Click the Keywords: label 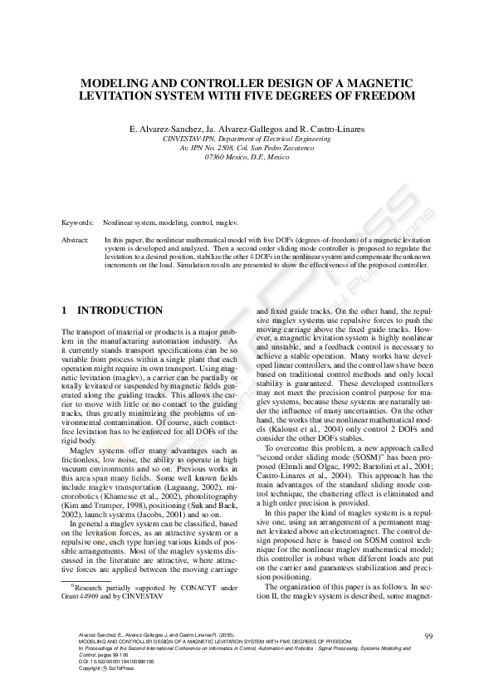tap(78, 224)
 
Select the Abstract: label tap(76, 239)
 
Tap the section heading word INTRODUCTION tap(120, 310)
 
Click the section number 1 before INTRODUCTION tap(66, 310)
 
